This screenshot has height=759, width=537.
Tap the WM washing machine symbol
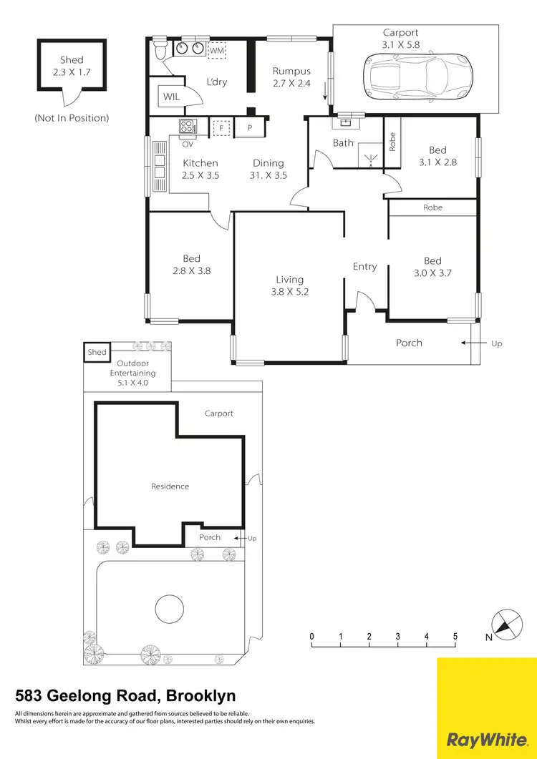coord(217,51)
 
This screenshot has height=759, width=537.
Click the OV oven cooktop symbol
coord(188,127)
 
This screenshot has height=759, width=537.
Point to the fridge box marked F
coord(222,128)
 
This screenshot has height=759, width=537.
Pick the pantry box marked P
coord(250,128)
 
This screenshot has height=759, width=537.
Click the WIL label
coord(171,96)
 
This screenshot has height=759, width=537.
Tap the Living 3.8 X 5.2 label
coord(290,285)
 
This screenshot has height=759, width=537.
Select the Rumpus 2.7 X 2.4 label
coord(291,77)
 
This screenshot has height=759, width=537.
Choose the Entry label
coord(364,266)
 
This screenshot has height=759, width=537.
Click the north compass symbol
coord(505,624)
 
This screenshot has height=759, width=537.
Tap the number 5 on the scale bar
coord(455,637)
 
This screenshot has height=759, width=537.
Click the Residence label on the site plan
coord(170,486)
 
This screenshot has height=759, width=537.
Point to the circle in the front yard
coord(170,608)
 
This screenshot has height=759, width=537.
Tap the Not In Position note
coord(72,117)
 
